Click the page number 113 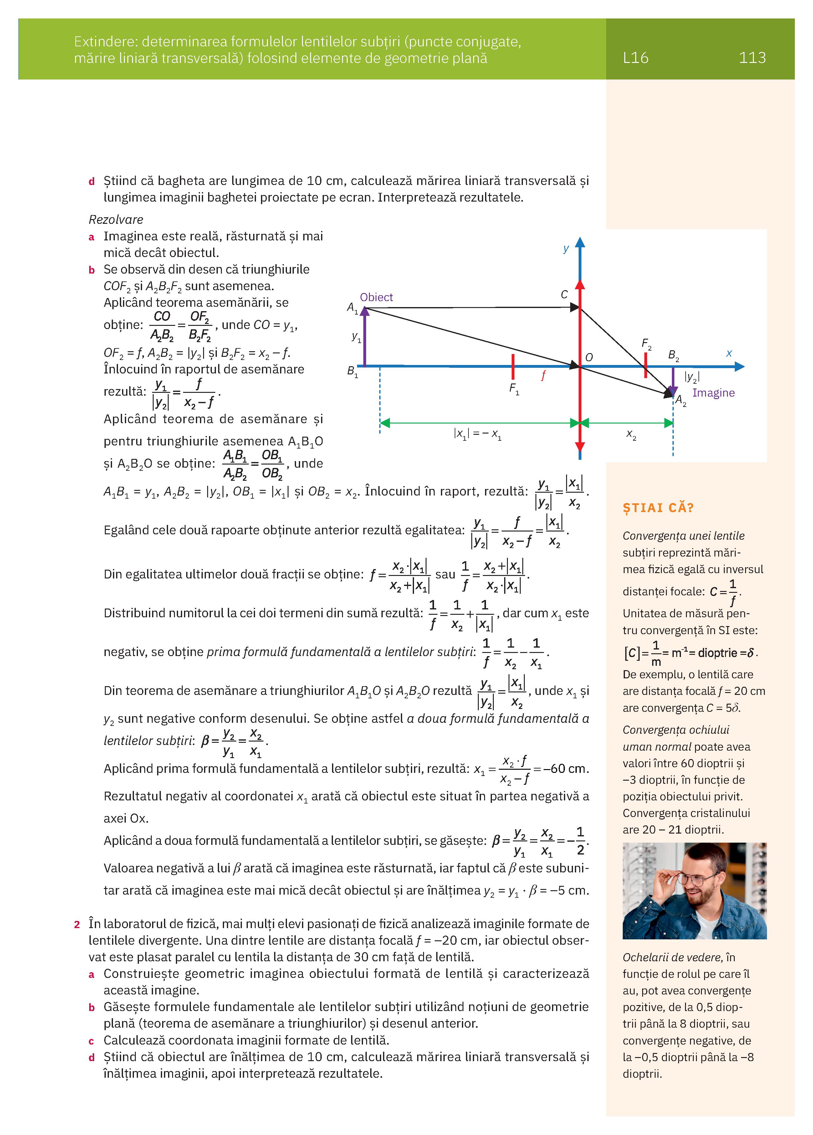point(752,58)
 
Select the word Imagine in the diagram point(713,393)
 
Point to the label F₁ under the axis point(514,388)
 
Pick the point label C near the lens point(564,294)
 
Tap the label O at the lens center point(589,357)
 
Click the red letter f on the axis point(543,375)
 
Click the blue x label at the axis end point(729,353)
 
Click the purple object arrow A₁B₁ point(365,337)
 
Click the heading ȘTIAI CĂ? point(658,508)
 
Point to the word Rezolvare point(115,219)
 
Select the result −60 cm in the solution point(565,769)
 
